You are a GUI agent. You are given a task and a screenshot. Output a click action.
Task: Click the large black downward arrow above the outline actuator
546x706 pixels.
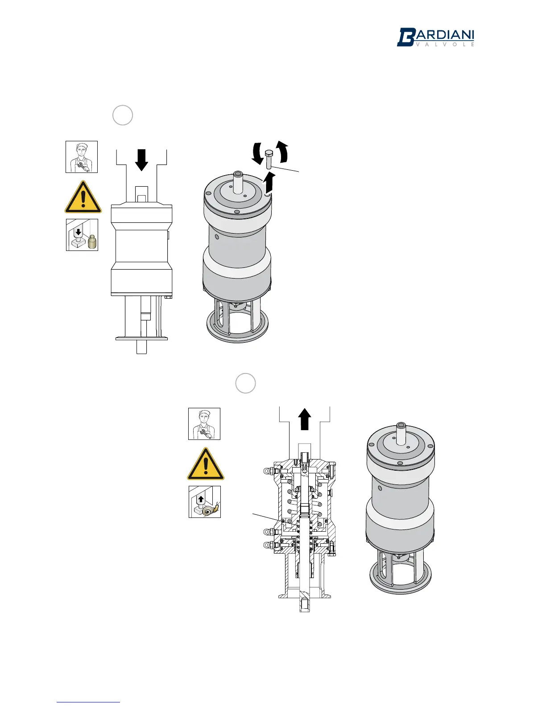click(x=141, y=160)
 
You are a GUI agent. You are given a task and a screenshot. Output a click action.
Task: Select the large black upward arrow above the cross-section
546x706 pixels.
click(x=304, y=420)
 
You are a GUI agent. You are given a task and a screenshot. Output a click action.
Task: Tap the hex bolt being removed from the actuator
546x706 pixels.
click(x=269, y=159)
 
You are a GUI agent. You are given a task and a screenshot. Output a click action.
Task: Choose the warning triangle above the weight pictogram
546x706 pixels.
click(x=83, y=197)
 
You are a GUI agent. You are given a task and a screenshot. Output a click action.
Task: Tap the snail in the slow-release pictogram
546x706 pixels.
click(x=210, y=509)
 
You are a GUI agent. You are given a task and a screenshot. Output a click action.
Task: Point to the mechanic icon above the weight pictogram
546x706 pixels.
click(x=82, y=157)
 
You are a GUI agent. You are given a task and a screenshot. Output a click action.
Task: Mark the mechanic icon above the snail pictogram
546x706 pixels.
click(x=204, y=424)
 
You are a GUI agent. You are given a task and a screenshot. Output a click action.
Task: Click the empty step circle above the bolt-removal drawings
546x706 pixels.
click(x=123, y=115)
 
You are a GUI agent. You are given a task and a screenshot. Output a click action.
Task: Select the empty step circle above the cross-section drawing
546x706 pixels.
click(x=245, y=383)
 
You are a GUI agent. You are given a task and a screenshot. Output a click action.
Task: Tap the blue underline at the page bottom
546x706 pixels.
click(x=88, y=702)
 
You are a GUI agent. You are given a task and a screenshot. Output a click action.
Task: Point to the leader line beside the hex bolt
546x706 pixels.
click(x=286, y=168)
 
